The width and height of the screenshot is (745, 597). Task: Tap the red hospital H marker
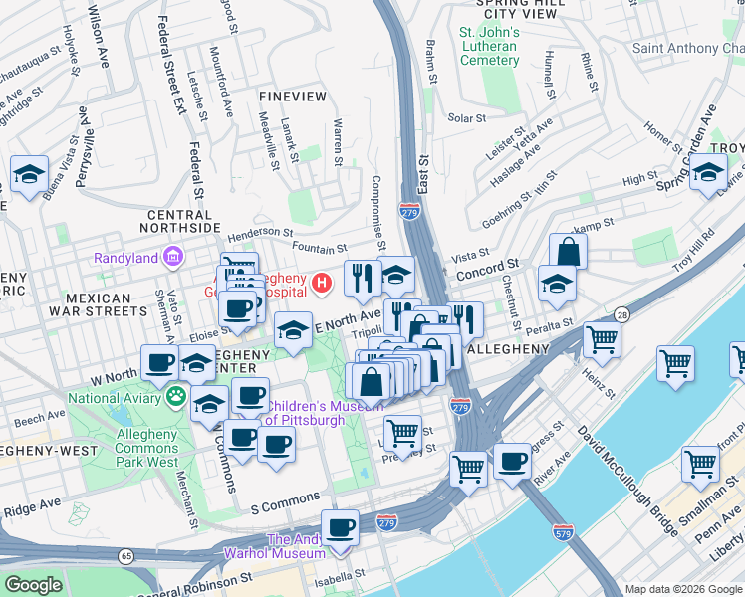[x=321, y=284]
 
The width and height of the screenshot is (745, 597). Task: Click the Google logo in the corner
[x=33, y=584]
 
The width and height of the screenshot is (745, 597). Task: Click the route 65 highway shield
[x=126, y=556]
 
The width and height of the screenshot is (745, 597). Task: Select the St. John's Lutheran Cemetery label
[x=488, y=47]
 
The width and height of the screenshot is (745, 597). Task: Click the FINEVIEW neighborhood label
[x=292, y=97]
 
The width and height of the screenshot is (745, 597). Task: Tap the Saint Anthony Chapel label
[x=688, y=49]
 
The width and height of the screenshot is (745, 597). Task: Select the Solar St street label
[x=466, y=117]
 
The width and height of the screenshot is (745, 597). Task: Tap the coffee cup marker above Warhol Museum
[x=340, y=527]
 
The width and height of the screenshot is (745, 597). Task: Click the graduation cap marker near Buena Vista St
[x=29, y=174]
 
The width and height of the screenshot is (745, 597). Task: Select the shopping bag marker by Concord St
[x=567, y=251]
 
